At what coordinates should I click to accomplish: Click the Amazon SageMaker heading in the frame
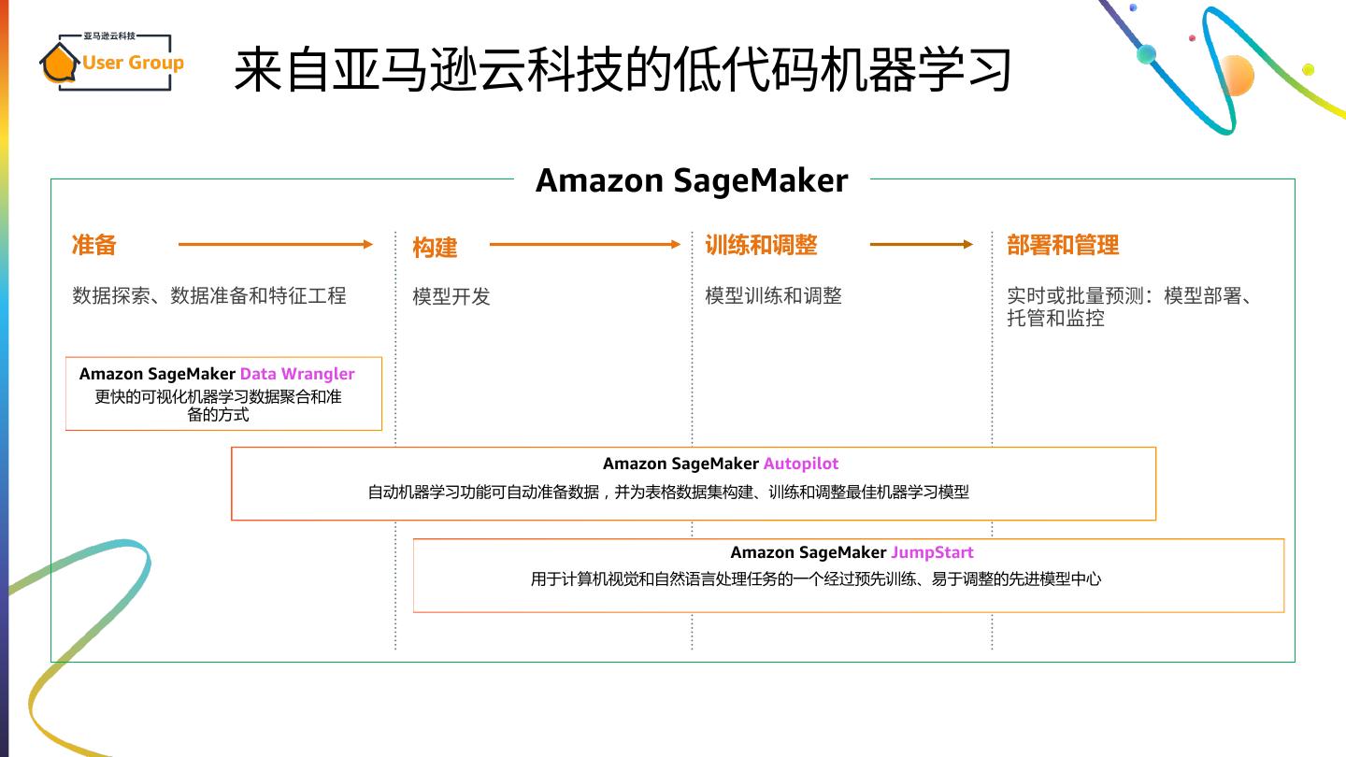tap(692, 180)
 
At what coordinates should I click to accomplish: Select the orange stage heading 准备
tap(94, 245)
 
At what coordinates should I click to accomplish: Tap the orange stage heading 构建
tap(435, 248)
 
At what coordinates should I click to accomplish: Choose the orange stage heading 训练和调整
tap(761, 245)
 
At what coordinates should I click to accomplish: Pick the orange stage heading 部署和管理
tap(1063, 245)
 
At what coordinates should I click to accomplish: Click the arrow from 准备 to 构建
tap(276, 245)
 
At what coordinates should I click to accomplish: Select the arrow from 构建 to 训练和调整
tap(585, 245)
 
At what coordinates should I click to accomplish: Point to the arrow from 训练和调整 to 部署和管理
tap(922, 245)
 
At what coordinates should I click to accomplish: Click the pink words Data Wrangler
tap(297, 374)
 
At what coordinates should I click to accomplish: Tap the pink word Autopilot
tap(801, 464)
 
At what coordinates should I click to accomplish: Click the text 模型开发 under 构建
tap(451, 296)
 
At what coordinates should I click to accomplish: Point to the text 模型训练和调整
tap(773, 295)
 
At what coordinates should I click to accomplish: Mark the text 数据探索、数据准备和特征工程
tap(209, 295)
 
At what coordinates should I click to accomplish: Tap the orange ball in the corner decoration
tap(1236, 75)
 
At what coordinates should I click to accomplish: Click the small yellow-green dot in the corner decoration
tap(1309, 69)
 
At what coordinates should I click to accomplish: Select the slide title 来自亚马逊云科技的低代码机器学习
tap(623, 69)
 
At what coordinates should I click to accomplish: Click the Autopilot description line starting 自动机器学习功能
tap(668, 492)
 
